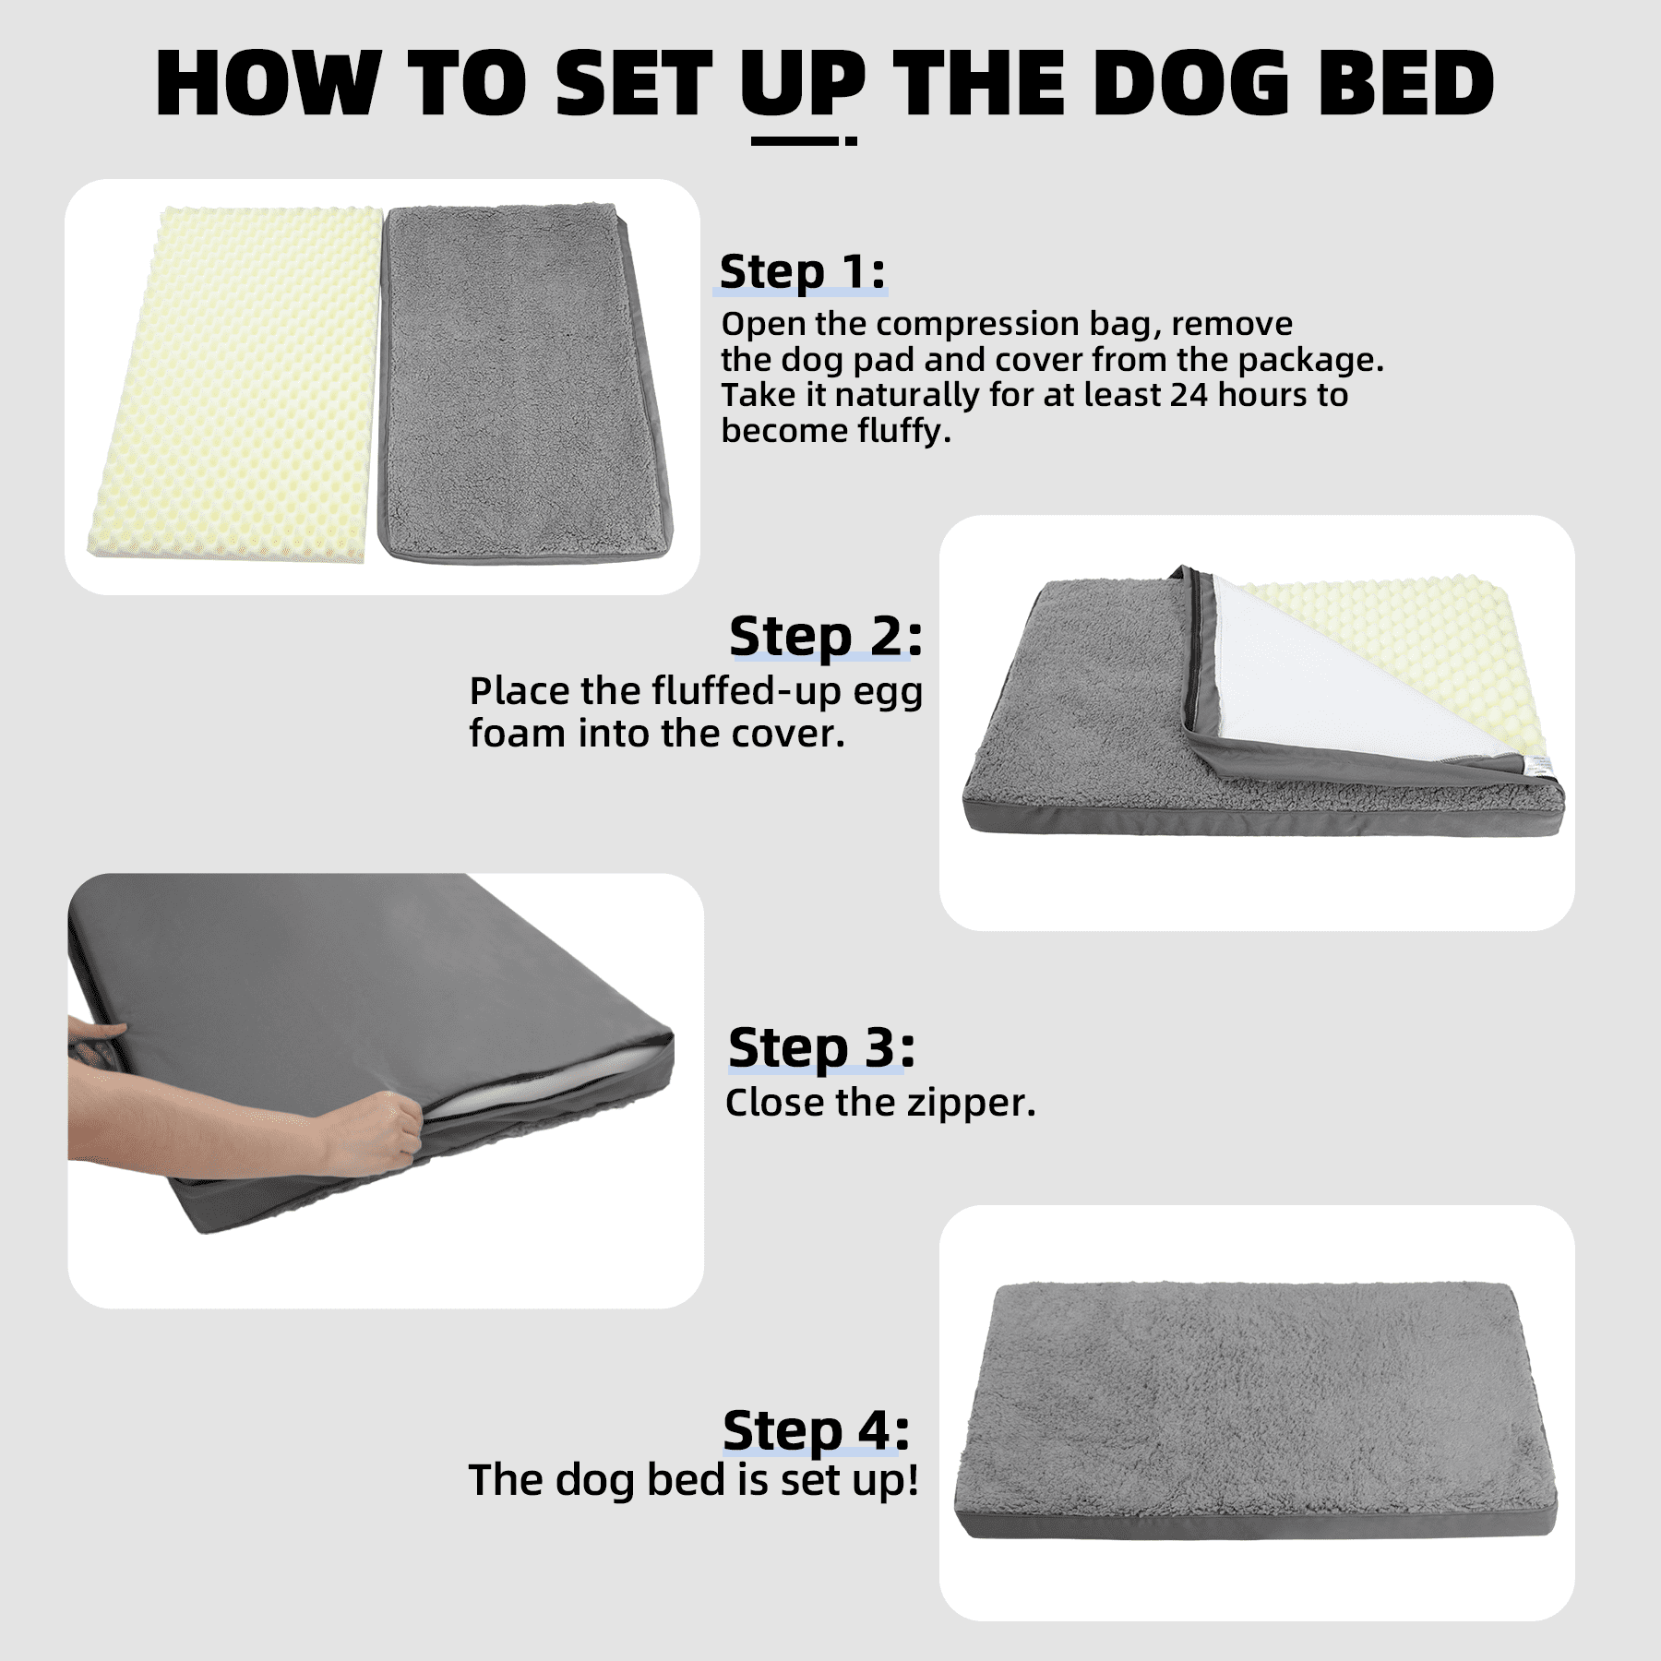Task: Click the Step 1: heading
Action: pos(802,272)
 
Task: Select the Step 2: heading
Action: pos(825,637)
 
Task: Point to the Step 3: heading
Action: pos(821,1048)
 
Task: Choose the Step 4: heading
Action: pos(817,1431)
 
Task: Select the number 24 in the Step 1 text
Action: pos(1189,395)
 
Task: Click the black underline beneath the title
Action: pos(804,141)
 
